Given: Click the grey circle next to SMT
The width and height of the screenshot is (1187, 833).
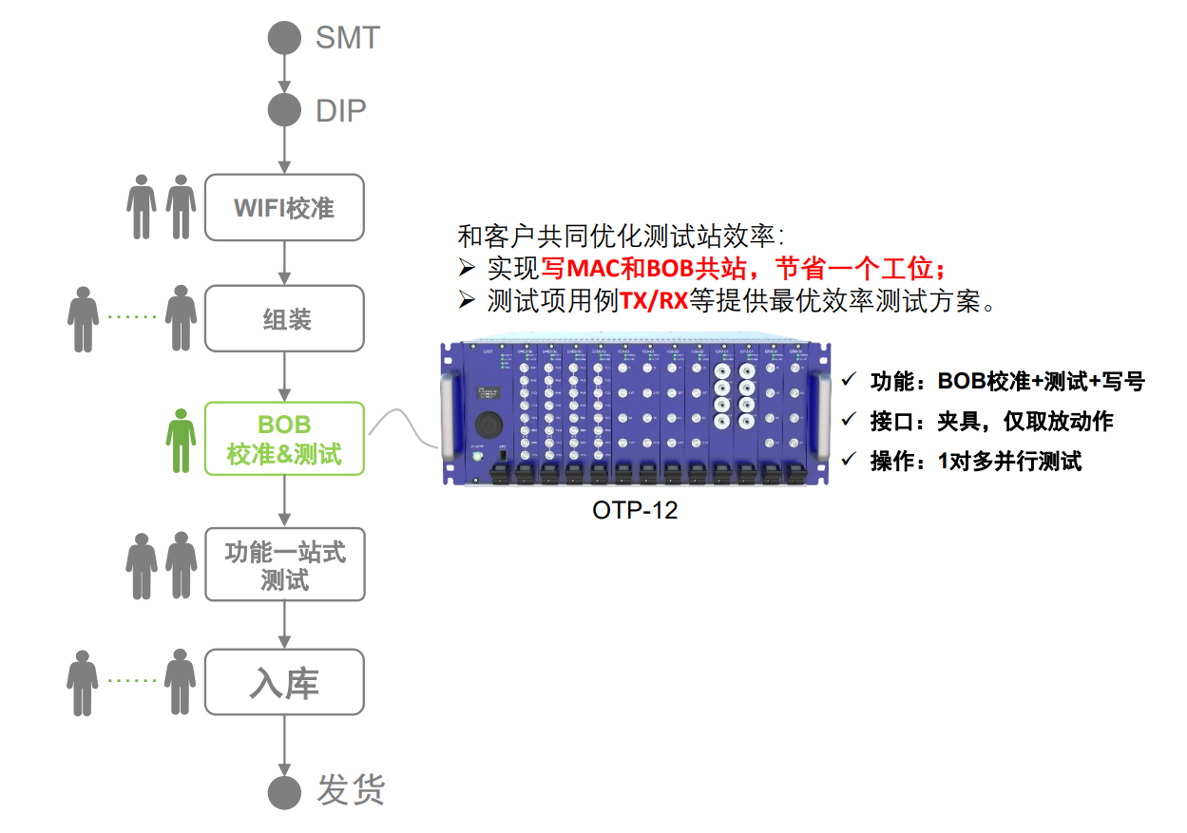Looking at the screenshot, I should coord(284,38).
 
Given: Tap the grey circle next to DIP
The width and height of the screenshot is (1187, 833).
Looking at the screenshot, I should coord(284,110).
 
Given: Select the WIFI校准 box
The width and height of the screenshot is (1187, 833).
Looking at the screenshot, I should coord(284,207).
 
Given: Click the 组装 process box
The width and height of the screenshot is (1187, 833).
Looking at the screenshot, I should coord(284,319).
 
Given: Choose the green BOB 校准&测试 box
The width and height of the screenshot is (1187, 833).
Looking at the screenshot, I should coord(284,438).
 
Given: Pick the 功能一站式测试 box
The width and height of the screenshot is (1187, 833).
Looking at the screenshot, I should coord(284,564).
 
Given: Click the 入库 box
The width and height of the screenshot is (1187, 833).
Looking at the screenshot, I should coord(284,682).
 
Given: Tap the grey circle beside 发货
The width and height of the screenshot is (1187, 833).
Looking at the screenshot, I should coord(284,791).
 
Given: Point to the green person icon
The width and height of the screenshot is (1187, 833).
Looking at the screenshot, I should coord(181,440).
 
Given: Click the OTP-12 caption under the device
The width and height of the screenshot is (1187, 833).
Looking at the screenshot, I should coord(635,510).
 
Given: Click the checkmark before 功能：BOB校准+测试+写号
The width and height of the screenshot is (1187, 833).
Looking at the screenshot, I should coord(849,381).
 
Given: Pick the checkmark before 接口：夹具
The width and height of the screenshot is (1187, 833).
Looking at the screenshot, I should coord(849,421).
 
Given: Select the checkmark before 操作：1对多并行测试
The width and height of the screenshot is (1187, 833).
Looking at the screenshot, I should coord(849,461).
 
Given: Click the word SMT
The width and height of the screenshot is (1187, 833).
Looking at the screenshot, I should coord(347,38).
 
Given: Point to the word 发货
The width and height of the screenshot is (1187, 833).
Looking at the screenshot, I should coord(351,790).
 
